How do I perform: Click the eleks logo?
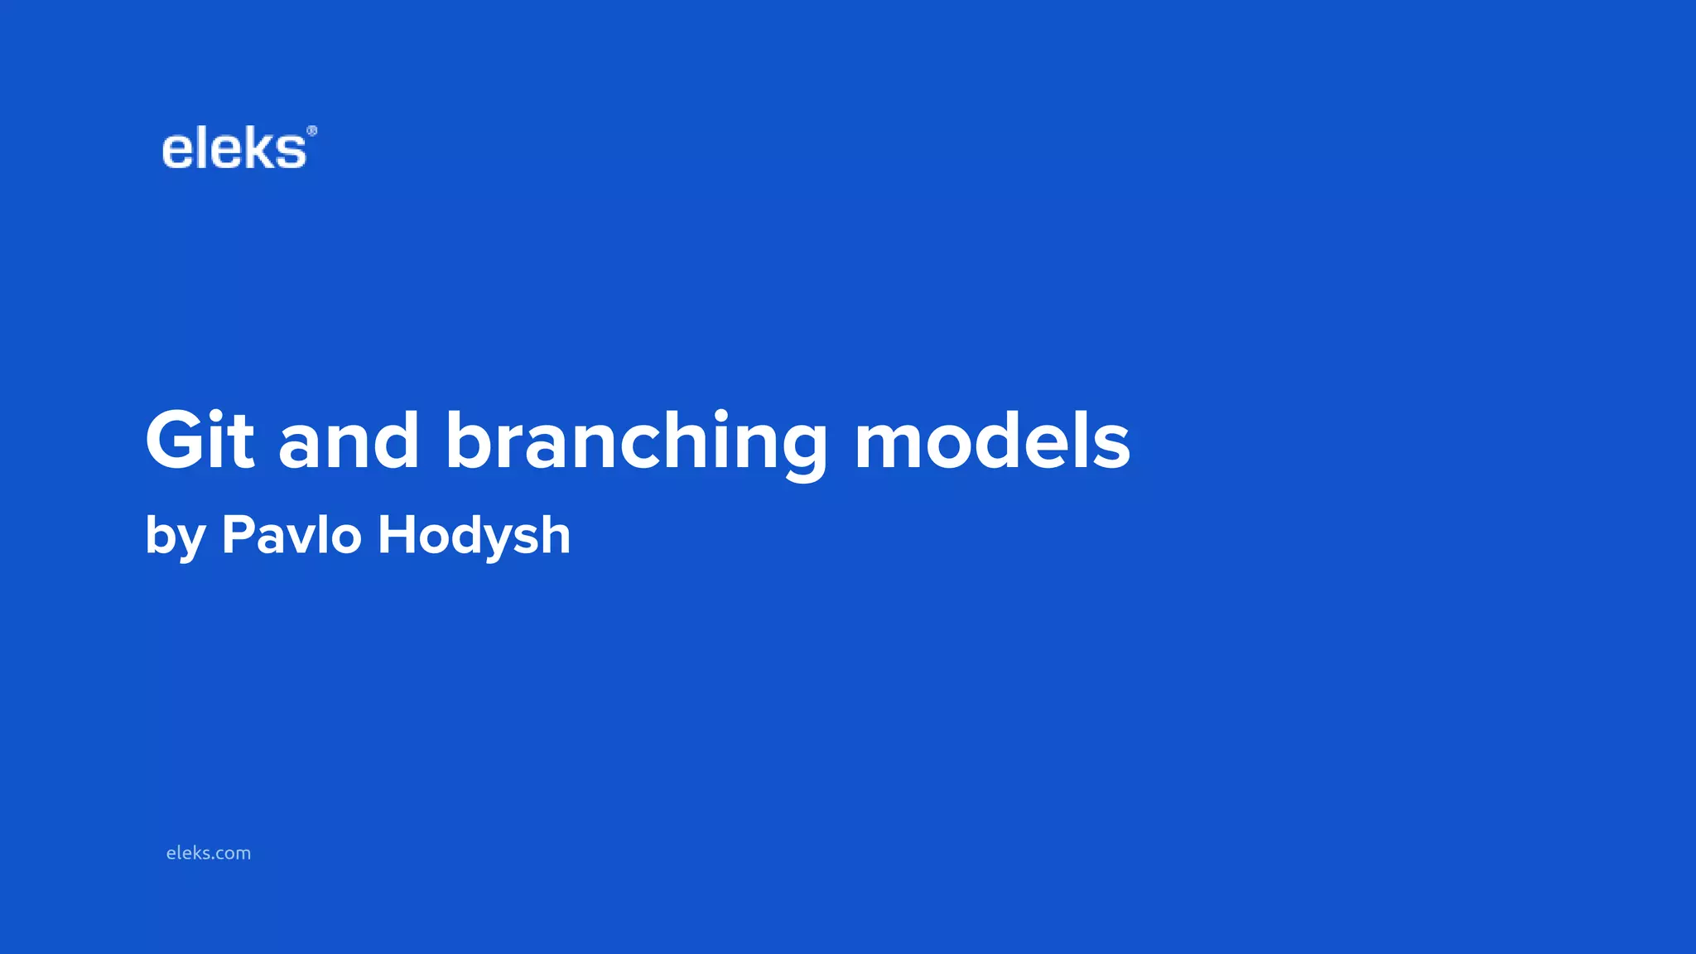(235, 150)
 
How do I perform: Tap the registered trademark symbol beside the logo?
(312, 131)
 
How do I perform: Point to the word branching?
(636, 443)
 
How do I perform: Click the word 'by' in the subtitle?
(175, 537)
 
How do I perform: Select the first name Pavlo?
(291, 534)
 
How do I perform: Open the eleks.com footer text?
(209, 853)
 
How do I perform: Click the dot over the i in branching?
(721, 414)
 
